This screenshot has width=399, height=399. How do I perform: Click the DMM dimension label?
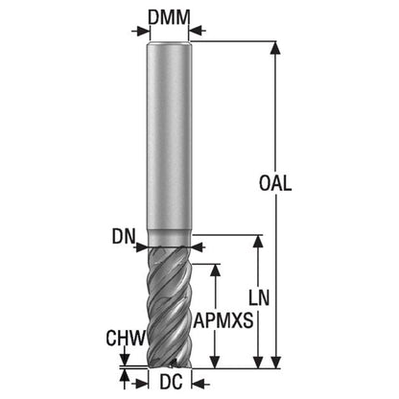(169, 17)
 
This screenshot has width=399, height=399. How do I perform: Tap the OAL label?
(275, 184)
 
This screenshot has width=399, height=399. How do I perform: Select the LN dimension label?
(259, 298)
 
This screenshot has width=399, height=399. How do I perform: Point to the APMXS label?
(223, 320)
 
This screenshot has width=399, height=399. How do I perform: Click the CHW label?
(126, 339)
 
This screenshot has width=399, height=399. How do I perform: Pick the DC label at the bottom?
(171, 382)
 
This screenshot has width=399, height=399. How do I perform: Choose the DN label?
(124, 237)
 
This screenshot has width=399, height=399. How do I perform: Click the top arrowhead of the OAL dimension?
(275, 47)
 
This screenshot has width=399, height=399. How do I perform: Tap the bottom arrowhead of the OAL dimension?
(275, 363)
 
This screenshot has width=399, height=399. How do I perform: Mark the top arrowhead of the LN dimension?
(258, 241)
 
